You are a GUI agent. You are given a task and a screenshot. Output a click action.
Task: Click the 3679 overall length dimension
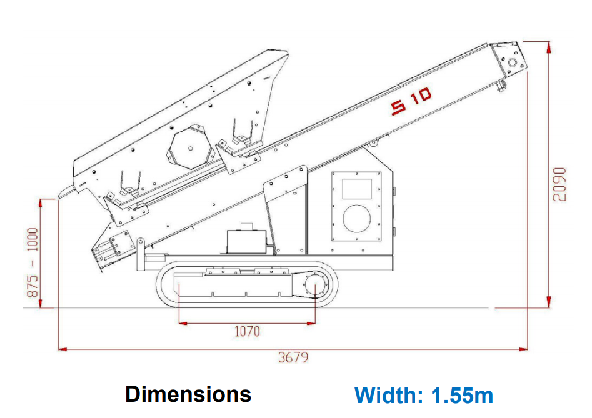click(293, 357)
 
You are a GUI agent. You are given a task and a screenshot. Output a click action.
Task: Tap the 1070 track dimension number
click(247, 331)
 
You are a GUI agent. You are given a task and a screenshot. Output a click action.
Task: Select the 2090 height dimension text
click(559, 184)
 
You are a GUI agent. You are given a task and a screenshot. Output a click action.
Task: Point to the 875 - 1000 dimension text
click(33, 262)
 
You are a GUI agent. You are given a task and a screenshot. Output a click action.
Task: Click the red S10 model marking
click(411, 101)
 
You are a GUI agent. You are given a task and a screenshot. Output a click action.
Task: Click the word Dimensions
click(188, 394)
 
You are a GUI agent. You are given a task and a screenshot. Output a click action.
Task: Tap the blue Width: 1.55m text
click(424, 395)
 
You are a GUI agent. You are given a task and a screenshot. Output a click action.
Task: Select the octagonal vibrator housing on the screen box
click(190, 148)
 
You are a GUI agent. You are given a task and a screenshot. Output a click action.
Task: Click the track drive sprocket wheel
click(314, 285)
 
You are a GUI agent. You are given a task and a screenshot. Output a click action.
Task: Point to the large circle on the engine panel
click(356, 219)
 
